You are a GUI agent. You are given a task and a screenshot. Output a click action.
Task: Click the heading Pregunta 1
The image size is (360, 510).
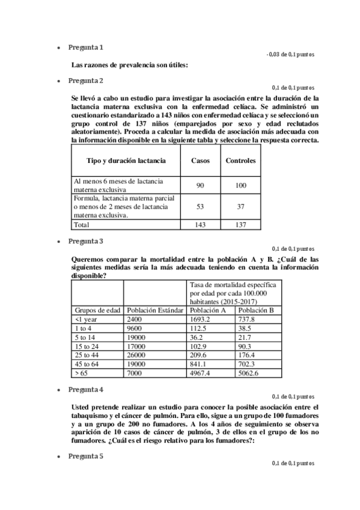tap(85, 47)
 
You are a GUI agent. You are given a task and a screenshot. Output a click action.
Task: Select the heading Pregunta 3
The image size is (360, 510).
tap(85, 241)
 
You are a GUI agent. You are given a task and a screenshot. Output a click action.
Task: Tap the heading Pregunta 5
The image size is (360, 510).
tap(85, 456)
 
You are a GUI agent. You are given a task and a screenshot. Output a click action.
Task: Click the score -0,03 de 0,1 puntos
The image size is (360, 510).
tap(290, 55)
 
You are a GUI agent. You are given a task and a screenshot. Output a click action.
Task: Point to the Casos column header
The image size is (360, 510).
tap(200, 161)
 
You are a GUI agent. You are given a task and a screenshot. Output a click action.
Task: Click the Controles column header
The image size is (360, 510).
tap(240, 161)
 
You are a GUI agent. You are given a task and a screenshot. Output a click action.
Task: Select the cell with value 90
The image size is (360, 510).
tap(200, 185)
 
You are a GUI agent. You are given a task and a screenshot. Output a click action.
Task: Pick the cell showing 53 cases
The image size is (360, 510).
tap(200, 206)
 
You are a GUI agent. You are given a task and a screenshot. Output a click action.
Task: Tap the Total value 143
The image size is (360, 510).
tap(200, 224)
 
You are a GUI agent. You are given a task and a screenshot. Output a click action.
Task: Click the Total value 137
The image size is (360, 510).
tap(240, 224)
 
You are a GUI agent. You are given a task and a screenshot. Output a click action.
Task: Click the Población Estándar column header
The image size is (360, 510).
tap(154, 310)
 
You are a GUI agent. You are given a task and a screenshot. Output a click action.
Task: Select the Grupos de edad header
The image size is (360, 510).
tap(97, 310)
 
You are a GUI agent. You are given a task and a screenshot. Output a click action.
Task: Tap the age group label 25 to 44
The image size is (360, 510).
tap(87, 355)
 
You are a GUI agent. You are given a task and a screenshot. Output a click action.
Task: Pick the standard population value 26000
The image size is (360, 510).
tap(136, 355)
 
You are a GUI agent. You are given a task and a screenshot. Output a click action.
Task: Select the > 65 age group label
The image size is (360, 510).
tap(82, 373)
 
